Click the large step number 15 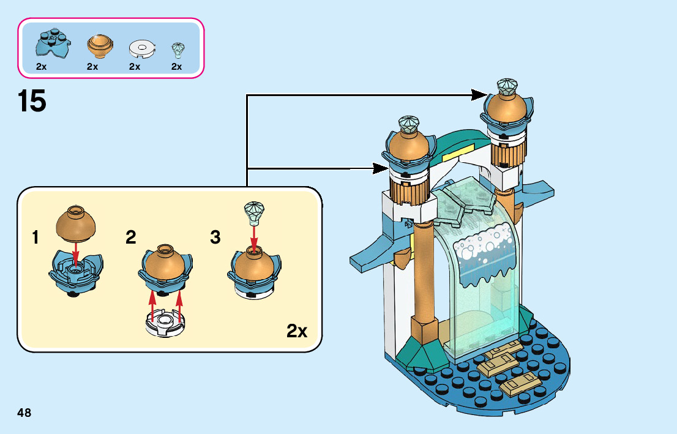point(32,101)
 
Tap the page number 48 point(24,413)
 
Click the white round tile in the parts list point(143,47)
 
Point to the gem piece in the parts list point(178,48)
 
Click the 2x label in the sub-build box point(297,331)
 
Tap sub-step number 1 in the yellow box point(36,238)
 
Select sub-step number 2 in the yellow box point(131,238)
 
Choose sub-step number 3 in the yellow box point(215,238)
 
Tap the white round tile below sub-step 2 point(163,322)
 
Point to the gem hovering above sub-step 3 point(253,212)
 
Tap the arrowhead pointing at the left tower point(381,168)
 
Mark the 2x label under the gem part point(177,67)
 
